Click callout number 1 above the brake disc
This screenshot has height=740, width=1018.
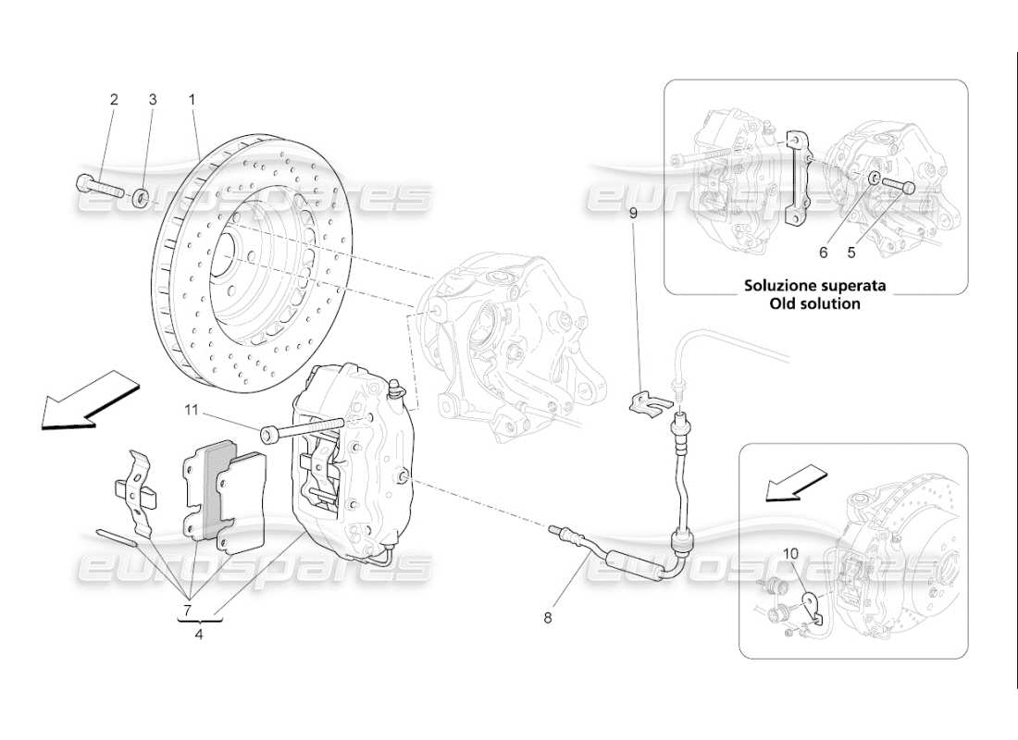192,99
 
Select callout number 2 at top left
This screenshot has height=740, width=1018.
115,99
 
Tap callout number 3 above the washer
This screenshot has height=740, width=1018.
154,99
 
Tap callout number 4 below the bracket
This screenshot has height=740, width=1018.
198,634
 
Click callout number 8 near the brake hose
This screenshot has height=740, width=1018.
547,617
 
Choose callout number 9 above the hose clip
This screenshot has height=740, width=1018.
634,213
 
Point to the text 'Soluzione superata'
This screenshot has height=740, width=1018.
814,286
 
